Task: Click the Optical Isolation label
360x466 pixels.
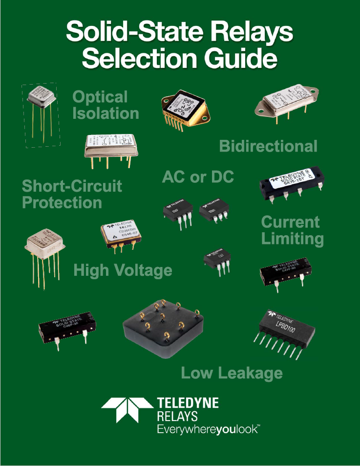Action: point(105,105)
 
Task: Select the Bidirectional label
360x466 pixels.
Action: point(268,146)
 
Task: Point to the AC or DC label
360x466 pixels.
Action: point(198,177)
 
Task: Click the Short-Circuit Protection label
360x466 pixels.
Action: point(72,194)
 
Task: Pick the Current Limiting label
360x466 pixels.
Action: point(292,230)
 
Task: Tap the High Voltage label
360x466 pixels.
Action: point(123,270)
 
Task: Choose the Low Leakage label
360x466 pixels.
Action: point(232,373)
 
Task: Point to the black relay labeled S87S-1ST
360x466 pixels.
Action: point(291,184)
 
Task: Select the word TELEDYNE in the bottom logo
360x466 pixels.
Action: point(188,404)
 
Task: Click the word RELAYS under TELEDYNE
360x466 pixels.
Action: point(177,417)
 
